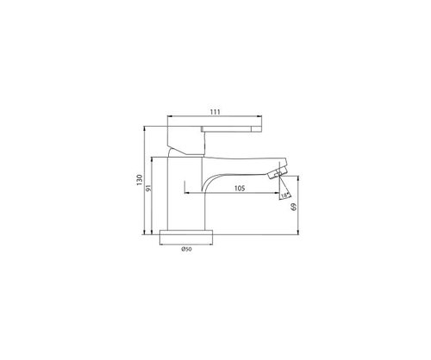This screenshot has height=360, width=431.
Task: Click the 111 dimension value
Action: pyautogui.click(x=215, y=112)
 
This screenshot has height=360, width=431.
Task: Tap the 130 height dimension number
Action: pyautogui.click(x=140, y=180)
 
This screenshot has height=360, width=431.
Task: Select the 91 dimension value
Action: pyautogui.click(x=148, y=188)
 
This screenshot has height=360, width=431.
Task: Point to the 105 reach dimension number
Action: pyautogui.click(x=240, y=189)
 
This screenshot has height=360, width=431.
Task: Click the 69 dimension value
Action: pyautogui.click(x=294, y=207)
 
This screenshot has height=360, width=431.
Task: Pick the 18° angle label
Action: pyautogui.click(x=284, y=196)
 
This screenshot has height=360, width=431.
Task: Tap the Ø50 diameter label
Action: pyautogui.click(x=186, y=249)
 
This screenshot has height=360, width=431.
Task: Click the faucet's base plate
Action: pyautogui.click(x=186, y=233)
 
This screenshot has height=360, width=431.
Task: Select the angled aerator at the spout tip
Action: pyautogui.click(x=277, y=174)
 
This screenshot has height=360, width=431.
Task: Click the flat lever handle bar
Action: pyautogui.click(x=232, y=128)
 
